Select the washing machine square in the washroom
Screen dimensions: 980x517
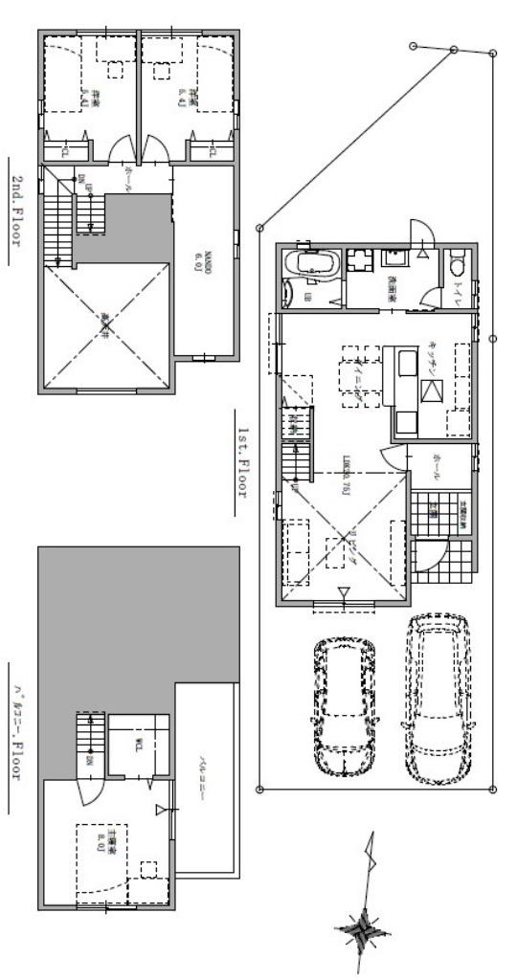[361, 261]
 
